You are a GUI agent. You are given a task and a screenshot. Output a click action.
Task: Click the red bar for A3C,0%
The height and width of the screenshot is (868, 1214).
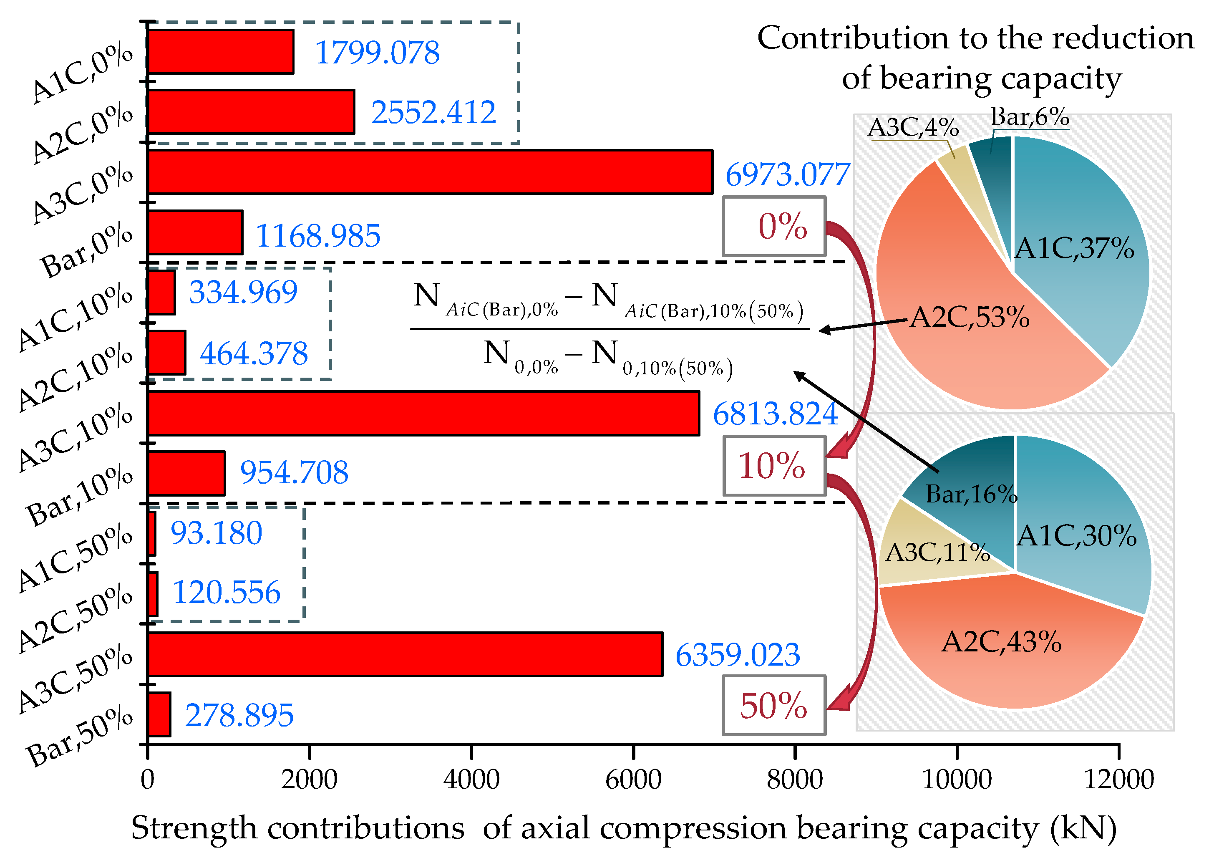(430, 172)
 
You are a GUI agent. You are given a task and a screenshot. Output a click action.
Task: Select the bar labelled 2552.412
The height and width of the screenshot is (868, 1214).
(251, 112)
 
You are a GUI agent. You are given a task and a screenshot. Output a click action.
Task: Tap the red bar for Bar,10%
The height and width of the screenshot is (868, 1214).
(186, 474)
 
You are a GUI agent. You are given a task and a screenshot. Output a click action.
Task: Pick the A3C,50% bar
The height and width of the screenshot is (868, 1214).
(405, 654)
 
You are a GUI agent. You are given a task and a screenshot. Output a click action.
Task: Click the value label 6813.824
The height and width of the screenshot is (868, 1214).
(775, 414)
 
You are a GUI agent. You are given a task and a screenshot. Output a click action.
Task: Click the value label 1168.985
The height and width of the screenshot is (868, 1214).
(318, 236)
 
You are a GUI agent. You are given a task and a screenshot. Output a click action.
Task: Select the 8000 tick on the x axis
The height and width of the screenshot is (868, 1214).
(795, 779)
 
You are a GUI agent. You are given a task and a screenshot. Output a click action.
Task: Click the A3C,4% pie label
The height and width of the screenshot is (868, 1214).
(913, 128)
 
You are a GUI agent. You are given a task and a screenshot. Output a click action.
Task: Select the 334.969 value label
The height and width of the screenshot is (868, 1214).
(243, 293)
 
